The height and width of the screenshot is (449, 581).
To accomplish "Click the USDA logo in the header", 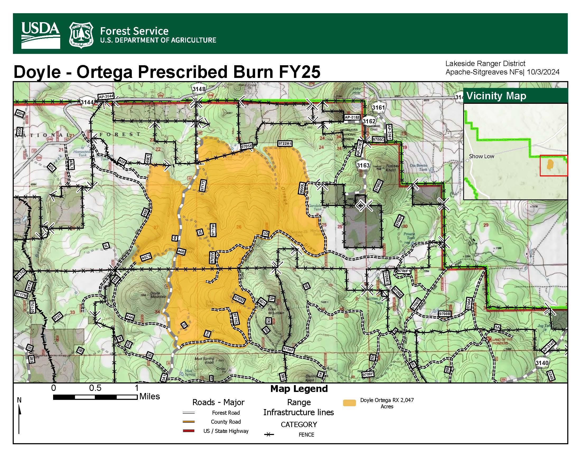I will pos(40,35).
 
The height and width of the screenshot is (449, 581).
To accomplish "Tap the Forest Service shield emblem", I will pos(81,35).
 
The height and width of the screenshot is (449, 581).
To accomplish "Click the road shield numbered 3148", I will pos(199,89).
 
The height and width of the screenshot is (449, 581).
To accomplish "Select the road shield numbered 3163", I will pos(363,165).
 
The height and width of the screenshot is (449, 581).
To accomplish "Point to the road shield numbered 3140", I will pos(542,363).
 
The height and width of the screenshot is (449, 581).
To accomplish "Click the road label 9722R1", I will pos(285,144).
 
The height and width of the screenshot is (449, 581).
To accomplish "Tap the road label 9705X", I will pos(247,146).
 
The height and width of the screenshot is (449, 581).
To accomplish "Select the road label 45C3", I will pos(146,257).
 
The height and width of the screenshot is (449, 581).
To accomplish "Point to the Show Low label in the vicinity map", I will pos(481,156).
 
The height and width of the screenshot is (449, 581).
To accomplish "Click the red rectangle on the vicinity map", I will pos(553,165).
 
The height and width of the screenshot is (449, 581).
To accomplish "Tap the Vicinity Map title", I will pos(496,96).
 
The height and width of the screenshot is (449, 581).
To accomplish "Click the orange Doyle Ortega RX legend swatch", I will pos(349,403).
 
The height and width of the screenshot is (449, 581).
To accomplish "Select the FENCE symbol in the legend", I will pos(269,435).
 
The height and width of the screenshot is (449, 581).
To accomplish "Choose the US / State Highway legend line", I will pos(189,431).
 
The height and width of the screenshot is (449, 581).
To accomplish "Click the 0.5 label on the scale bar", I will pos(95,388).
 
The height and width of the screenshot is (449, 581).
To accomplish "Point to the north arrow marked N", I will pos(19,415).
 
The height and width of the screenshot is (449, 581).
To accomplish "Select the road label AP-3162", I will pos(352,117).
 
